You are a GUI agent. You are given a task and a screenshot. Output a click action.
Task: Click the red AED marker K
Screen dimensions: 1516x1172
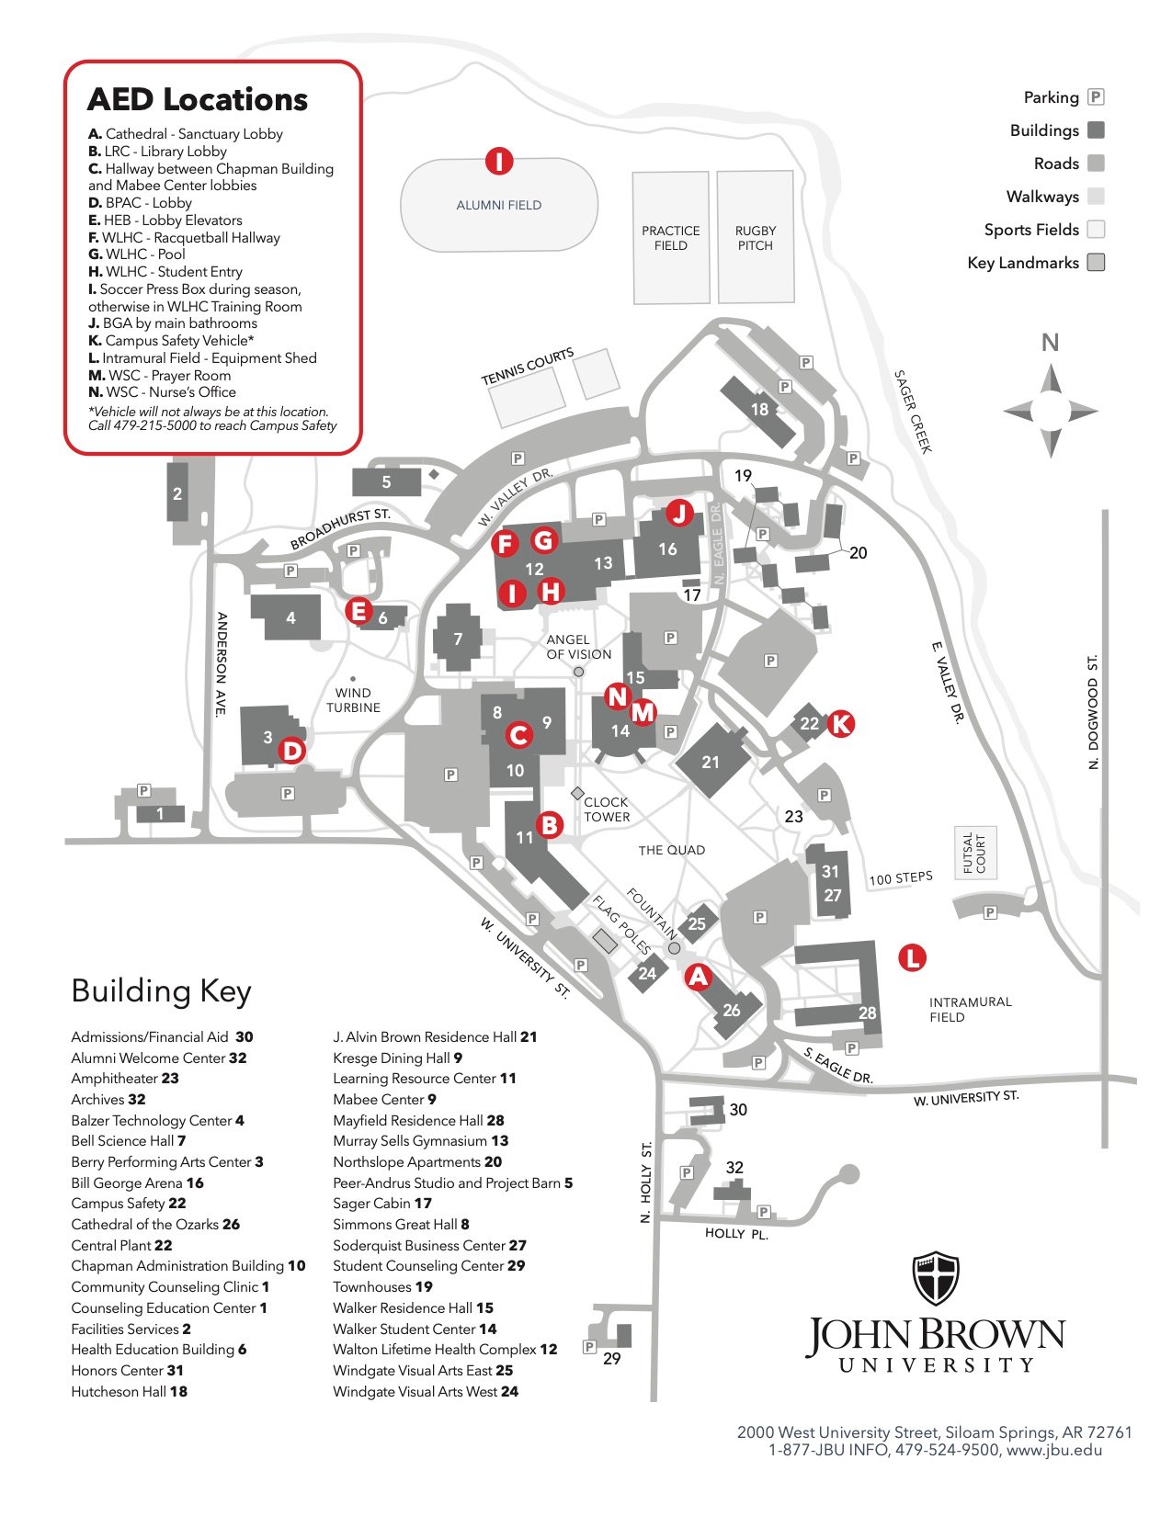pos(840,724)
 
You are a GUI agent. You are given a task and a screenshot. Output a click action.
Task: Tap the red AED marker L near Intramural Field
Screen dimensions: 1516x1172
pos(912,957)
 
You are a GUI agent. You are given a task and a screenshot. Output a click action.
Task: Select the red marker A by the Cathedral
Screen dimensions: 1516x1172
pos(699,977)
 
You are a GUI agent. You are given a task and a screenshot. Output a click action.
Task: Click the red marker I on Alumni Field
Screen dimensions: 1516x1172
pos(498,162)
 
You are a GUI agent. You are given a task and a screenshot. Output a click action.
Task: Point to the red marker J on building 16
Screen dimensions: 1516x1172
pos(679,512)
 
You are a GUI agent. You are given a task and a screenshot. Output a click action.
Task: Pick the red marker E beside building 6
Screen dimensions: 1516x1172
pos(358,610)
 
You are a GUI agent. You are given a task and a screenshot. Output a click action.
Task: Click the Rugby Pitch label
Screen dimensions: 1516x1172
pos(756,238)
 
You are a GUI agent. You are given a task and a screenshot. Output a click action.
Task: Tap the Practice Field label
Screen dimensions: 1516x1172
pos(671,238)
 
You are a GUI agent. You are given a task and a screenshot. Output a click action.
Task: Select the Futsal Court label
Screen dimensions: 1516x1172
pos(974,853)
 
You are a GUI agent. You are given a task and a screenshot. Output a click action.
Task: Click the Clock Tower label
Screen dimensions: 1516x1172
pos(607,809)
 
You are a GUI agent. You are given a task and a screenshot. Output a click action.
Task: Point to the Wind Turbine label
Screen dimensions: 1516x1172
pos(353,700)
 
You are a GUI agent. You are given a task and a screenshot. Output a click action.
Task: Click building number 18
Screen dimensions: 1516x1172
pos(759,410)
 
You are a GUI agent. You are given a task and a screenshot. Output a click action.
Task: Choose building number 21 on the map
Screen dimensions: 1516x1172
pos(711,763)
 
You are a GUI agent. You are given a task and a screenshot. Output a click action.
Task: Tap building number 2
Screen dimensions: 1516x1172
pos(177,494)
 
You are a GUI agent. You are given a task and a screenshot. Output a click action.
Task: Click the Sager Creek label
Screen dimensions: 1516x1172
pos(913,412)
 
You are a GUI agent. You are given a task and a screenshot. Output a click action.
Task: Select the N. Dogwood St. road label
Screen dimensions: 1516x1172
pos(1093,712)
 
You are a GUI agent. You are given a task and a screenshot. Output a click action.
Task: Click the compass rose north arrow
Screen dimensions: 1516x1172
pos(1051,379)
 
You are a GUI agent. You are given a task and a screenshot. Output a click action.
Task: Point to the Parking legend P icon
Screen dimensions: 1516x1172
pos(1096,96)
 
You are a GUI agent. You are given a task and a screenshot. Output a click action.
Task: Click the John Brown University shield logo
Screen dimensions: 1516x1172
pos(935,1277)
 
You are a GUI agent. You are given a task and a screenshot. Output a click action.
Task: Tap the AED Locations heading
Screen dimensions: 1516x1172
pos(198,99)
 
